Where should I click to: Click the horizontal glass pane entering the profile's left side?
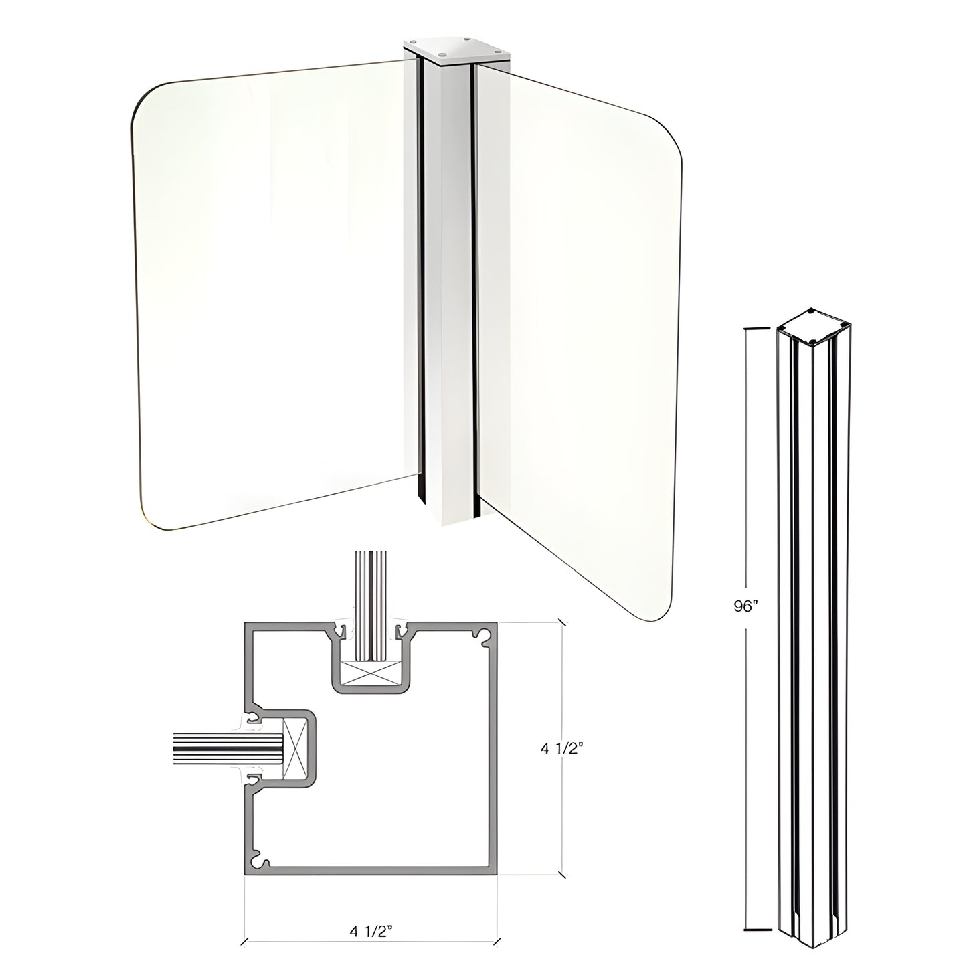(x=214, y=749)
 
